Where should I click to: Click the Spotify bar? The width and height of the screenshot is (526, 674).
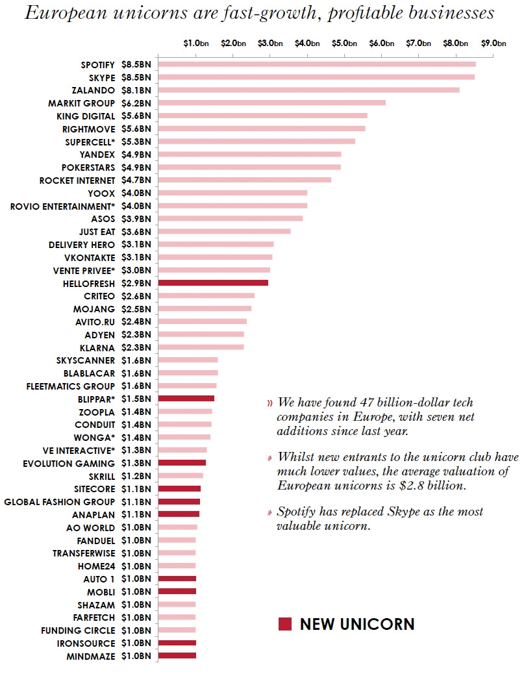pyautogui.click(x=316, y=64)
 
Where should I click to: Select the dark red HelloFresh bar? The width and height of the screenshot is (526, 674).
pyautogui.click(x=213, y=283)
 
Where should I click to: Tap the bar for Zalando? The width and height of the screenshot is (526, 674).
pyautogui.click(x=308, y=90)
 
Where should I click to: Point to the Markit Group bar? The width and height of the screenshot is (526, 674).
pyautogui.click(x=271, y=103)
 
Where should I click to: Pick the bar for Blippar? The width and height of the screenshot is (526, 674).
pyautogui.click(x=186, y=399)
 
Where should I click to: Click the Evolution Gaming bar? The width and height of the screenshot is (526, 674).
pyautogui.click(x=182, y=463)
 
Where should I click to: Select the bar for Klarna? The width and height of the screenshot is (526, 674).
pyautogui.click(x=201, y=347)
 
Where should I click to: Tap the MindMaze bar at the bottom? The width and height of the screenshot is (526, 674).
pyautogui.click(x=177, y=656)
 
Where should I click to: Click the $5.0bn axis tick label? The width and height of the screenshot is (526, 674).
pyautogui.click(x=344, y=44)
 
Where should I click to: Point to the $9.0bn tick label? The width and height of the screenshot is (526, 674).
pyautogui.click(x=494, y=44)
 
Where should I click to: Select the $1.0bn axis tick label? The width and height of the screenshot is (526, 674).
pyautogui.click(x=195, y=44)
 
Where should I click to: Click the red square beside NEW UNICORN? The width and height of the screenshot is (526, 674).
pyautogui.click(x=284, y=625)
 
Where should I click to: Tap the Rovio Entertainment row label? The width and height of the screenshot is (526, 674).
pyautogui.click(x=62, y=206)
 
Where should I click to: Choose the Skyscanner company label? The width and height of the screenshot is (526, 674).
pyautogui.click(x=86, y=360)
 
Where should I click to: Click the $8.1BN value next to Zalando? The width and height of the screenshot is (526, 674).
pyautogui.click(x=136, y=90)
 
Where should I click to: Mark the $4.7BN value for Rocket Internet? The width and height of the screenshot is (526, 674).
pyautogui.click(x=136, y=180)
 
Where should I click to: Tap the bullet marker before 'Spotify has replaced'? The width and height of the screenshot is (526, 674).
pyautogui.click(x=269, y=512)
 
